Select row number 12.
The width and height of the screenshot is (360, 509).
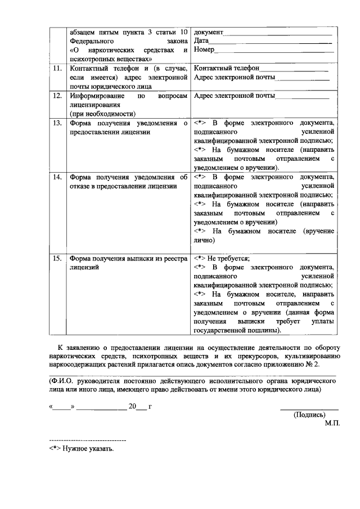click(57, 96)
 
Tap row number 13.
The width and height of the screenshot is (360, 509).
click(57, 123)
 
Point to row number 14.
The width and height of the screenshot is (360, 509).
click(57, 177)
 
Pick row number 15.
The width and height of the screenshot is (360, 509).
click(57, 258)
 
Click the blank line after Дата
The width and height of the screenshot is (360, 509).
click(271, 42)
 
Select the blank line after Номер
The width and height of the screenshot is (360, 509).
click(274, 51)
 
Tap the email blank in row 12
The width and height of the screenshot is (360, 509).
click(301, 97)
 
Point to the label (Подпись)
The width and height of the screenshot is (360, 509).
click(309, 415)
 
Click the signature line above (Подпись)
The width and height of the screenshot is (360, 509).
click(309, 408)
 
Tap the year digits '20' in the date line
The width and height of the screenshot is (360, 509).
click(132, 406)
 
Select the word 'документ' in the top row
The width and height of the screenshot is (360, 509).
click(209, 31)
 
